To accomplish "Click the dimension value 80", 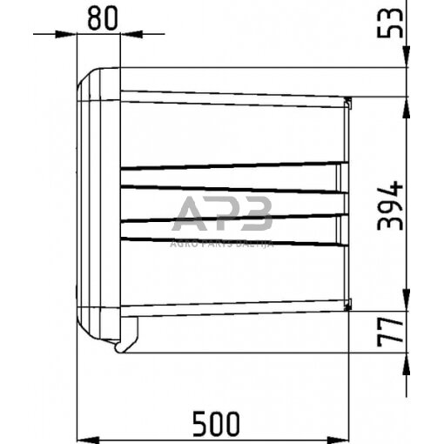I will pyautogui.click(x=103, y=19).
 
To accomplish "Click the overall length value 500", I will pyautogui.click(x=215, y=423).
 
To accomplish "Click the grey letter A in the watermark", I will pyautogui.click(x=190, y=213).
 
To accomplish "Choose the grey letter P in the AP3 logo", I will pyautogui.click(x=224, y=212).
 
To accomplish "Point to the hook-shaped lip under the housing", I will pyautogui.click(x=130, y=337).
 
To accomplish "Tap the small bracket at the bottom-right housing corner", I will pyautogui.click(x=348, y=304).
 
